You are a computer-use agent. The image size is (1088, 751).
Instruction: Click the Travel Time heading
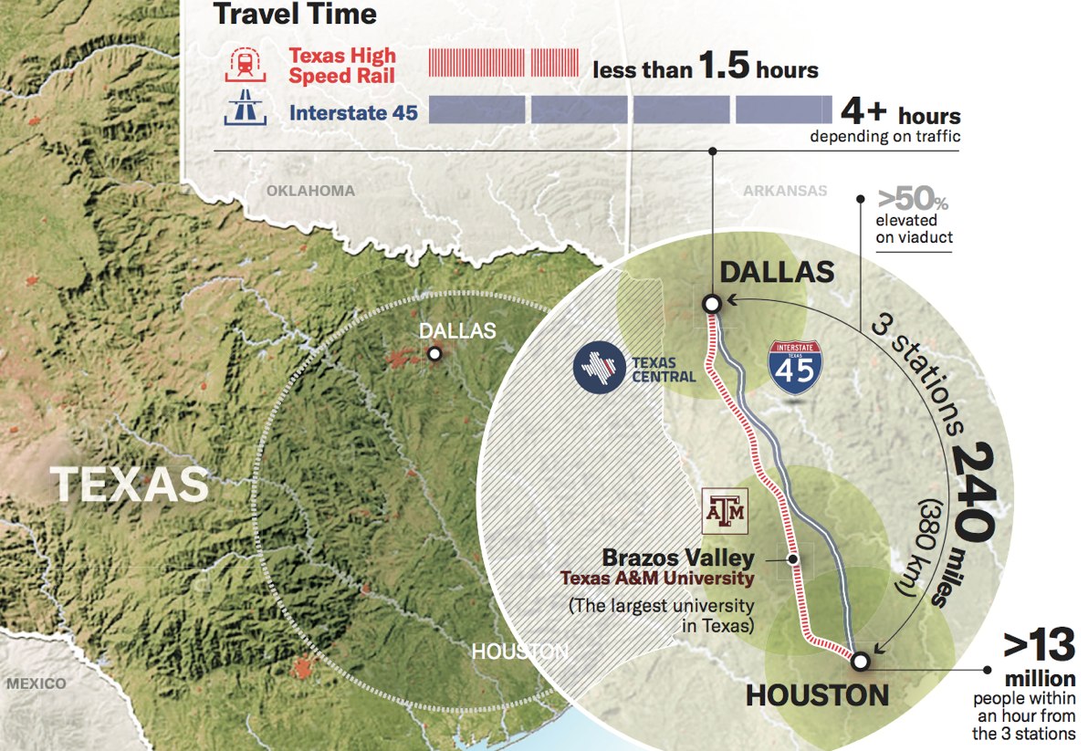(294, 14)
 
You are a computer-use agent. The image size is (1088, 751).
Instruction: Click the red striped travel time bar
(503, 63)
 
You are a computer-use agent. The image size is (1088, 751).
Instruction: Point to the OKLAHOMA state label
(310, 191)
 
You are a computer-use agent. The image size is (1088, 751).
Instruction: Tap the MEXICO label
(37, 683)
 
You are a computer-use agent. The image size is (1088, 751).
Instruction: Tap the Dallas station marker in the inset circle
(711, 304)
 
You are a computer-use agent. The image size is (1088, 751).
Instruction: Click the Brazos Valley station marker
(793, 559)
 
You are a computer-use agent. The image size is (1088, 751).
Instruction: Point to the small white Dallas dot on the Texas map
(435, 353)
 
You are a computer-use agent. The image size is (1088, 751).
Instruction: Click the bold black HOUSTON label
(817, 695)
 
